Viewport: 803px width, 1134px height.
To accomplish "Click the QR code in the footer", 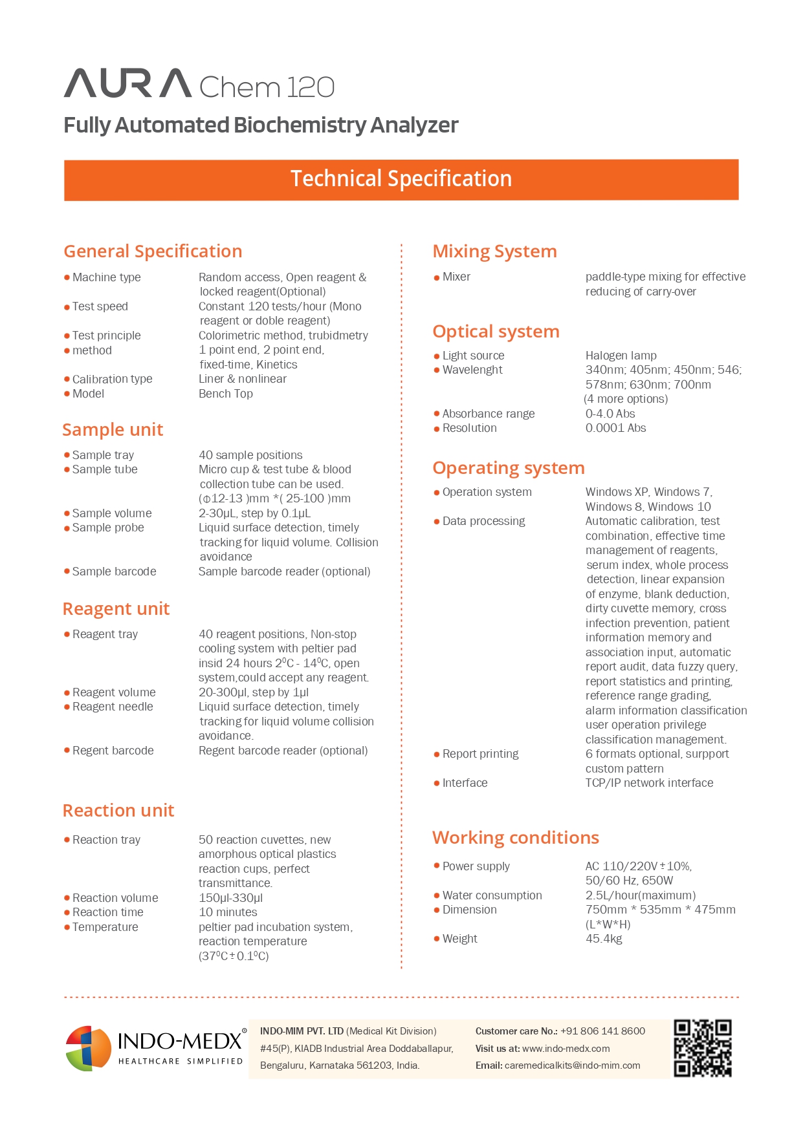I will coord(702,1048).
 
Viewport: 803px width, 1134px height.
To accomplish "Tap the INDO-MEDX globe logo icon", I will coord(89,1048).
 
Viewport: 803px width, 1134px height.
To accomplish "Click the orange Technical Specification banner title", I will coord(401,179).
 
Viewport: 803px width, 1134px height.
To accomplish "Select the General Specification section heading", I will coord(153,251).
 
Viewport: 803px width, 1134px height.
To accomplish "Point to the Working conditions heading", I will coord(515,838).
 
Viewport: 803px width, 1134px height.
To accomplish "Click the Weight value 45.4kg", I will coord(603,939).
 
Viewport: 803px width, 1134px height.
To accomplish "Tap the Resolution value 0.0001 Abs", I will coord(615,428).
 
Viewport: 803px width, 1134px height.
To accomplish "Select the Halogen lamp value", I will coord(621,356).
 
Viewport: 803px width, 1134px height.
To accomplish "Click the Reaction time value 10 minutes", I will coord(228,912).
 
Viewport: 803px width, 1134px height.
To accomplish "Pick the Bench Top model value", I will coord(225,394).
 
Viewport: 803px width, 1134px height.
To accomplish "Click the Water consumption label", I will coord(492,895).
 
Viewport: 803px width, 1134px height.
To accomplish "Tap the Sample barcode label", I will coord(114,572).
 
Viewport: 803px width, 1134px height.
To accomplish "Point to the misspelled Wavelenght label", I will coord(472,370).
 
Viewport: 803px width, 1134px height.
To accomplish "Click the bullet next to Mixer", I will coord(437,277).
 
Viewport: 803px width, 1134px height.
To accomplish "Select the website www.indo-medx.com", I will coord(566,1049).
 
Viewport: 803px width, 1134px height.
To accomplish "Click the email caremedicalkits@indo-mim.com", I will coord(572,1065).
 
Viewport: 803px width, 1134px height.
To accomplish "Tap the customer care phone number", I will coord(602,1031).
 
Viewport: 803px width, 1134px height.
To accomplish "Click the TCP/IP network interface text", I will coord(649,783).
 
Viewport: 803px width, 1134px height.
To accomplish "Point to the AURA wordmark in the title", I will coord(127,84).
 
